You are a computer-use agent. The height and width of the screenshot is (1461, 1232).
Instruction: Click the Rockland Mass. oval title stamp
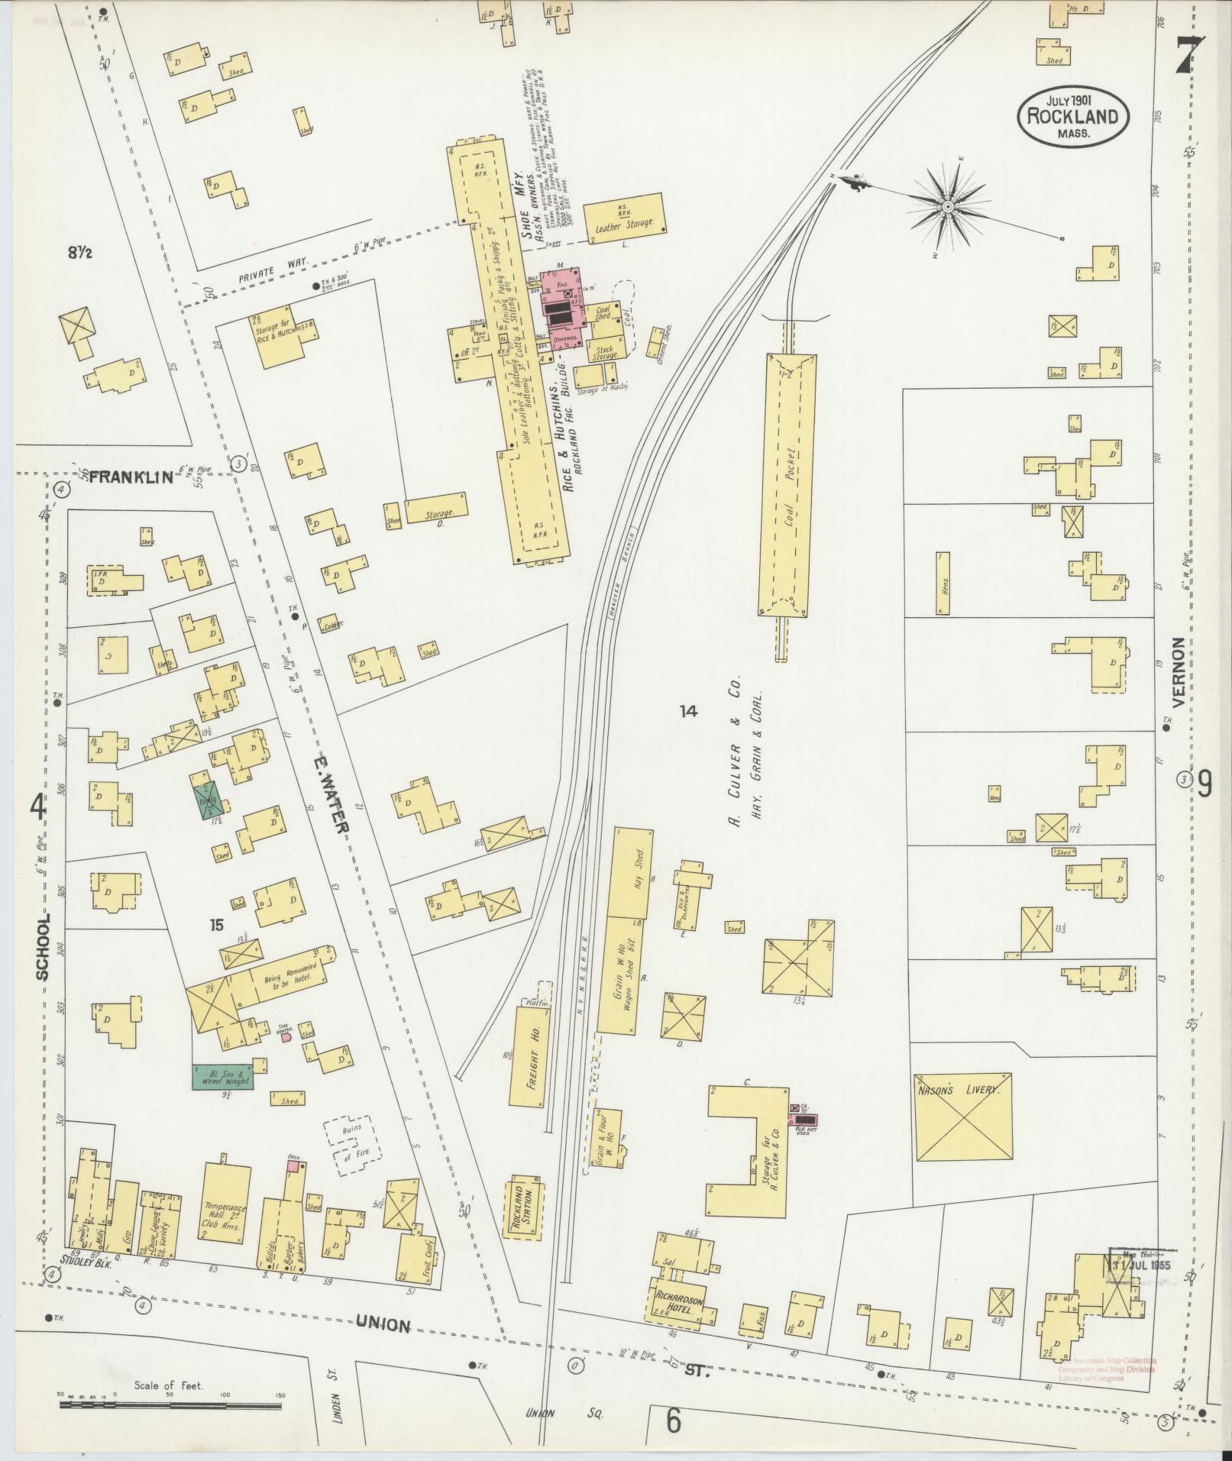pos(1072,116)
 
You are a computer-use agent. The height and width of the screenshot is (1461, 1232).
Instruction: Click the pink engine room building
pos(562,309)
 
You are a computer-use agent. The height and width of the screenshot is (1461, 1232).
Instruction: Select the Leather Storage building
pos(624,218)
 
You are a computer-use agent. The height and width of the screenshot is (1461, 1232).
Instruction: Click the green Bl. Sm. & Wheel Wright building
pos(222,1078)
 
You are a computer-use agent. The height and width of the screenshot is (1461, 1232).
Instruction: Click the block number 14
pos(688,711)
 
